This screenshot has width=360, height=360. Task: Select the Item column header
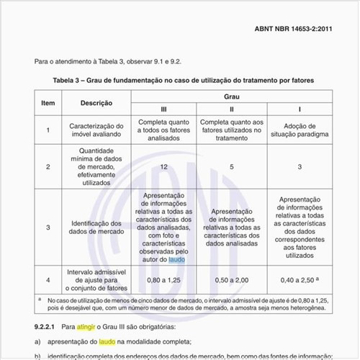pos(48,103)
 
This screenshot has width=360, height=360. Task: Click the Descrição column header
pos(96,103)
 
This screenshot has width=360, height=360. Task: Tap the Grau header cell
pos(231,96)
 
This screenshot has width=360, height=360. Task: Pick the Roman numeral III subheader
pos(163,109)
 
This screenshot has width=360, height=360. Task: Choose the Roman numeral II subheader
pos(231,109)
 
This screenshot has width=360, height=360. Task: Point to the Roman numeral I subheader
pos(300,109)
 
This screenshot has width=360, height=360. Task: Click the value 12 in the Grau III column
pos(163,166)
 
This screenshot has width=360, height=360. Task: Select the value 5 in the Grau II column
pos(231,166)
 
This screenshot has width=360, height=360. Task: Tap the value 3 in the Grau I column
pos(300,166)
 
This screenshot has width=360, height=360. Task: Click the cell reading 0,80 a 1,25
pos(163,279)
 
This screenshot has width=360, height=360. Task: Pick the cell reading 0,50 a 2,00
pos(231,279)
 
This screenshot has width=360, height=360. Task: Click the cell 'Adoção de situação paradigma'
pos(300,130)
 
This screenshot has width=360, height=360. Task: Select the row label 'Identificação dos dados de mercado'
pos(96,228)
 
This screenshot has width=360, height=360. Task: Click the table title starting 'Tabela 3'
pos(183,79)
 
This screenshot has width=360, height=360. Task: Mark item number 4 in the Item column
pos(48,279)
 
